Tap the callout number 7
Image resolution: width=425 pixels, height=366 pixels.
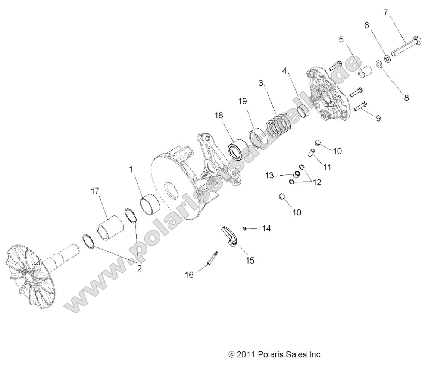pyautogui.click(x=386, y=12)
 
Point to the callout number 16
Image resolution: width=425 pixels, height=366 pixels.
pyautogui.click(x=189, y=275)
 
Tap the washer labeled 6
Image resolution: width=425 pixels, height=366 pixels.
pyautogui.click(x=387, y=59)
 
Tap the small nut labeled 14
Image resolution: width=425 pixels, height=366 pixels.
pyautogui.click(x=244, y=228)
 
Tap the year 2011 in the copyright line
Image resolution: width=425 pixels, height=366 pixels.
pyautogui.click(x=246, y=354)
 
